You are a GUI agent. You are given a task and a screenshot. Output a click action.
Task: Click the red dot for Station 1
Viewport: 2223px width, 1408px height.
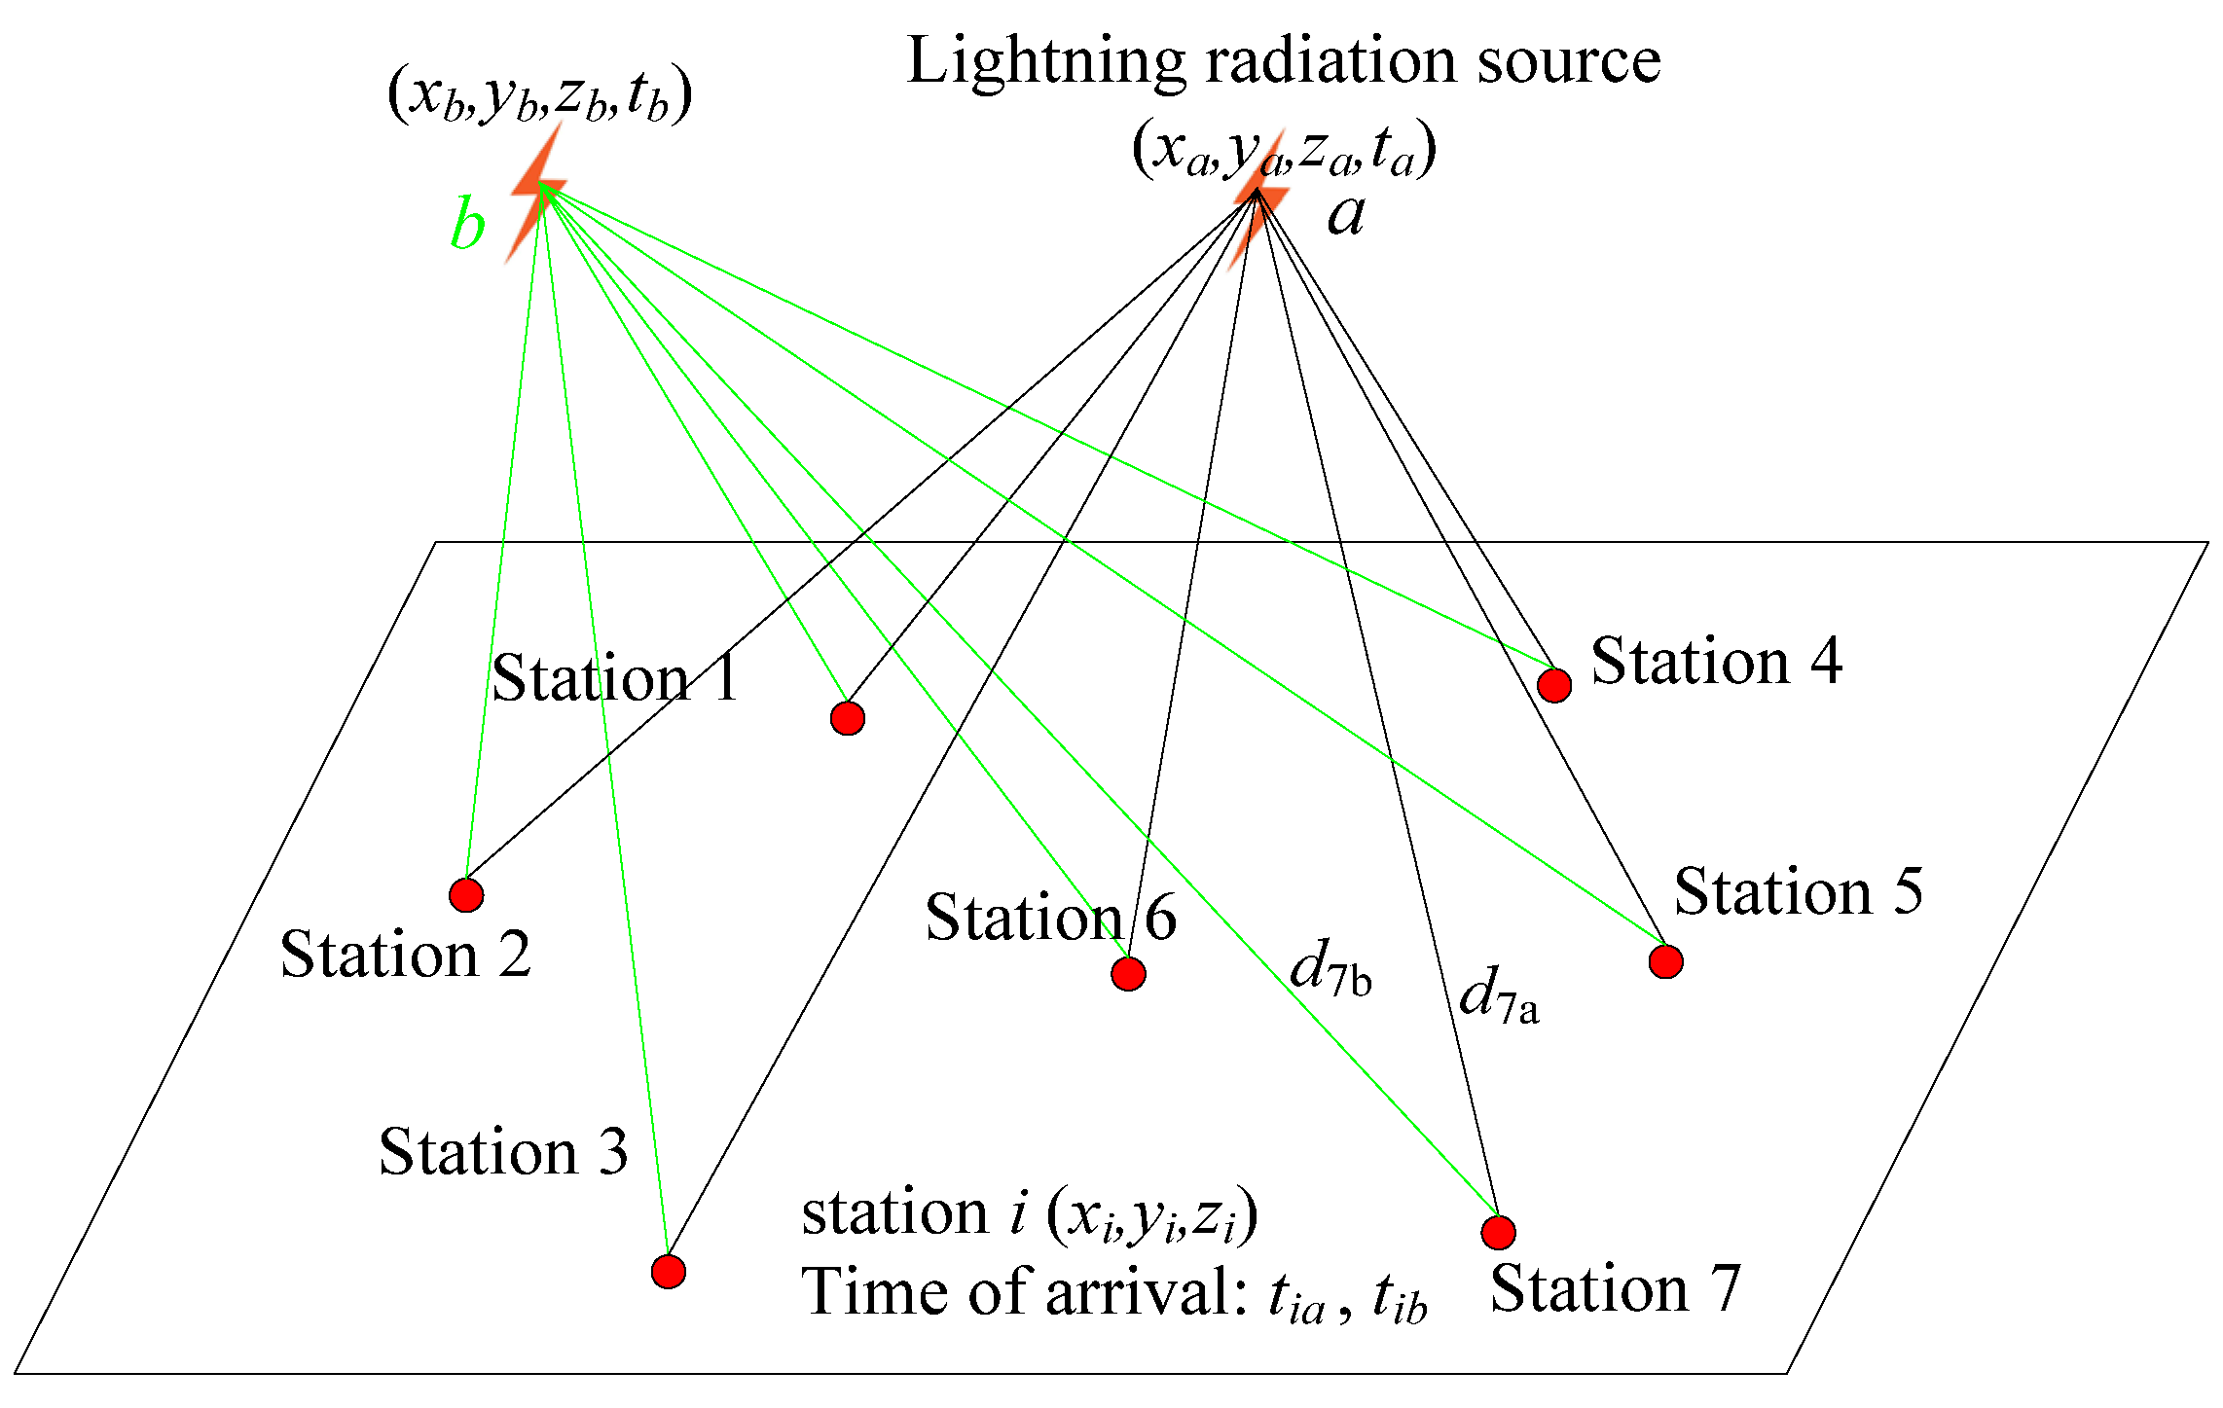[x=848, y=718]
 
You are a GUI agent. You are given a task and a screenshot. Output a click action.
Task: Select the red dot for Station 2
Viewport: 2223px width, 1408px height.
[x=466, y=894]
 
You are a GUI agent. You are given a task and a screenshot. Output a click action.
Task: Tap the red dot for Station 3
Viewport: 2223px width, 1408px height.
[x=668, y=1271]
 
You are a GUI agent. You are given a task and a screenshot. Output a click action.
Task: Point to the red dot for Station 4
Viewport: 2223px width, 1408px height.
[x=1554, y=685]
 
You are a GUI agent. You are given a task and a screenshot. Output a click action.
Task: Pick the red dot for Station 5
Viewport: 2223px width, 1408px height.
[x=1665, y=961]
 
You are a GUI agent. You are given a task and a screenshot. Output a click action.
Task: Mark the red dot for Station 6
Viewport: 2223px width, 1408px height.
[x=1128, y=973]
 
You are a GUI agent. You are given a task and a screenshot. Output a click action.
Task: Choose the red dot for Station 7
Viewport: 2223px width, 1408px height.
[x=1498, y=1232]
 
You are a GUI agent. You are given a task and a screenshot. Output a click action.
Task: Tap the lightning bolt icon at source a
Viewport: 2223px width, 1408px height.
[x=1258, y=204]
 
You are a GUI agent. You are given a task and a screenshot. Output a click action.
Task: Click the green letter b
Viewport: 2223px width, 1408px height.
[x=467, y=226]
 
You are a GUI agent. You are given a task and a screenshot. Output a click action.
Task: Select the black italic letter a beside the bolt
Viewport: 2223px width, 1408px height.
[x=1346, y=214]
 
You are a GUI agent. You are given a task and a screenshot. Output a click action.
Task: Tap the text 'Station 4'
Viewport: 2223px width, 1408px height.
[x=1716, y=662]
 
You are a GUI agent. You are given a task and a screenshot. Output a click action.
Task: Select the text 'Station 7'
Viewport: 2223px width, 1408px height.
[x=1615, y=1289]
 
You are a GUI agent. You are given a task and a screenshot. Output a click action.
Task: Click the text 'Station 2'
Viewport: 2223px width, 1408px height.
[x=405, y=954]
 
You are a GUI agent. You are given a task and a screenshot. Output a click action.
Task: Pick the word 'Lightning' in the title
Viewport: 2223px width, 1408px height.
[x=1045, y=62]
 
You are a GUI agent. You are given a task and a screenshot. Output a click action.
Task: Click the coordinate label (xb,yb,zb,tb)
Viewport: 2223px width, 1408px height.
[x=539, y=95]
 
